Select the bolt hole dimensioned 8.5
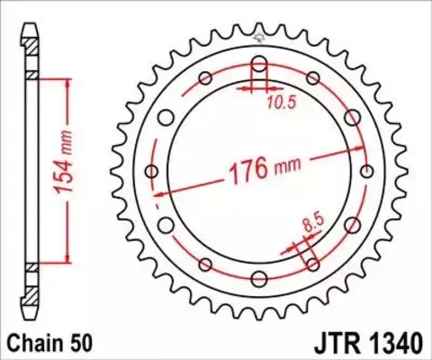[x=312, y=264]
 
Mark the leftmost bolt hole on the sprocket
[x=152, y=171]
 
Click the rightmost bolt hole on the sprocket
[x=366, y=171]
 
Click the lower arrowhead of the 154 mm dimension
[x=66, y=260]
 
